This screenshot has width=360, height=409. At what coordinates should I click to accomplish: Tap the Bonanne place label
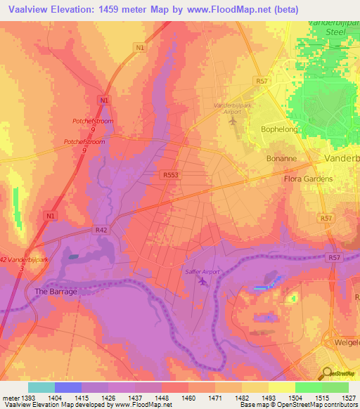pyautogui.click(x=282, y=159)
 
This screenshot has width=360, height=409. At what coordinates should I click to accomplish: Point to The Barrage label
pyautogui.click(x=56, y=291)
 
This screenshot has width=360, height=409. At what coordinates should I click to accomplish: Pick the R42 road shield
pyautogui.click(x=101, y=229)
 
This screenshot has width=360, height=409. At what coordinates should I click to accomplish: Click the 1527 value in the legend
pyautogui.click(x=349, y=398)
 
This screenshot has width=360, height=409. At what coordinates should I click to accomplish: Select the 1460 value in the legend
pyautogui.click(x=188, y=398)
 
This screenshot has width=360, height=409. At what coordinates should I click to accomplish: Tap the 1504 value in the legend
pyautogui.click(x=295, y=398)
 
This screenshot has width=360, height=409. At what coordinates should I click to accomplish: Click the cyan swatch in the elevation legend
pyautogui.click(x=41, y=387)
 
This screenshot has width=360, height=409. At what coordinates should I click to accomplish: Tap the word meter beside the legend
pyautogui.click(x=8, y=398)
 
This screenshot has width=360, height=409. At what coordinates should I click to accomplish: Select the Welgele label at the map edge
pyautogui.click(x=345, y=345)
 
